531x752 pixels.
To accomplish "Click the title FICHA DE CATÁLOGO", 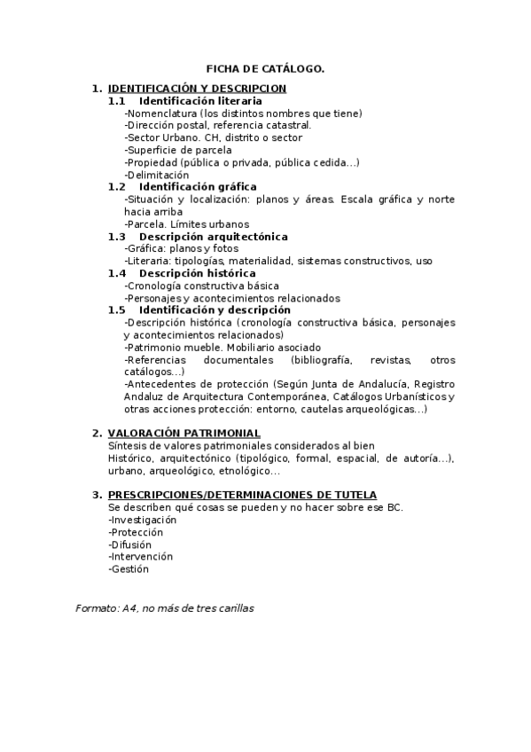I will click(265, 67).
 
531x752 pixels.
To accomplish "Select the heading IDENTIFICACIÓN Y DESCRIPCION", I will click(197, 89).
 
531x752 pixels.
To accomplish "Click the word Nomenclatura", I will click(162, 114).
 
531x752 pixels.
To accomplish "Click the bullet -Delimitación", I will click(157, 176).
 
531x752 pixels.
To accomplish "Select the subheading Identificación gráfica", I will click(198, 187).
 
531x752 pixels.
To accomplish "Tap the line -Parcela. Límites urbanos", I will click(187, 224).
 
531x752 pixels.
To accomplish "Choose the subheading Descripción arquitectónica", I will click(213, 237).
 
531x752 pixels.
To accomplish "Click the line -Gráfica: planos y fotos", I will click(182, 249).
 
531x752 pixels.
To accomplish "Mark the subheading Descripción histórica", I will click(197, 273).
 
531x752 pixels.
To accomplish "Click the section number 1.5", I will click(117, 310).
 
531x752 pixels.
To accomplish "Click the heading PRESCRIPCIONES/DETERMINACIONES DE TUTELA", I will click(242, 495).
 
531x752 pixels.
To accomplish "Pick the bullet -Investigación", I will click(142, 520).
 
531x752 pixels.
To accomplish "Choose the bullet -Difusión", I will click(129, 544).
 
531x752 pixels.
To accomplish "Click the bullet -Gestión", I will click(129, 569).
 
